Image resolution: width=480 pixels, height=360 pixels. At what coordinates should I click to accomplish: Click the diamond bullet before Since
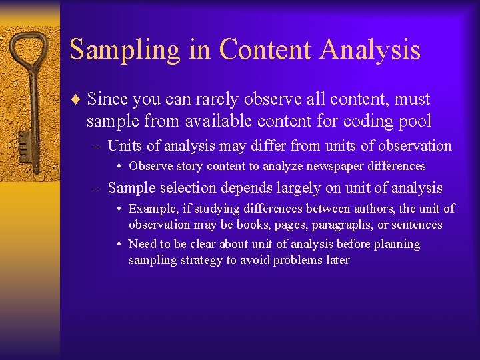click(75, 100)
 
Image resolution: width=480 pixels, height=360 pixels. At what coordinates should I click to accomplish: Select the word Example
click(151, 209)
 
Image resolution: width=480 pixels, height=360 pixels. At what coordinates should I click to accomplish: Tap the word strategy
click(201, 260)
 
